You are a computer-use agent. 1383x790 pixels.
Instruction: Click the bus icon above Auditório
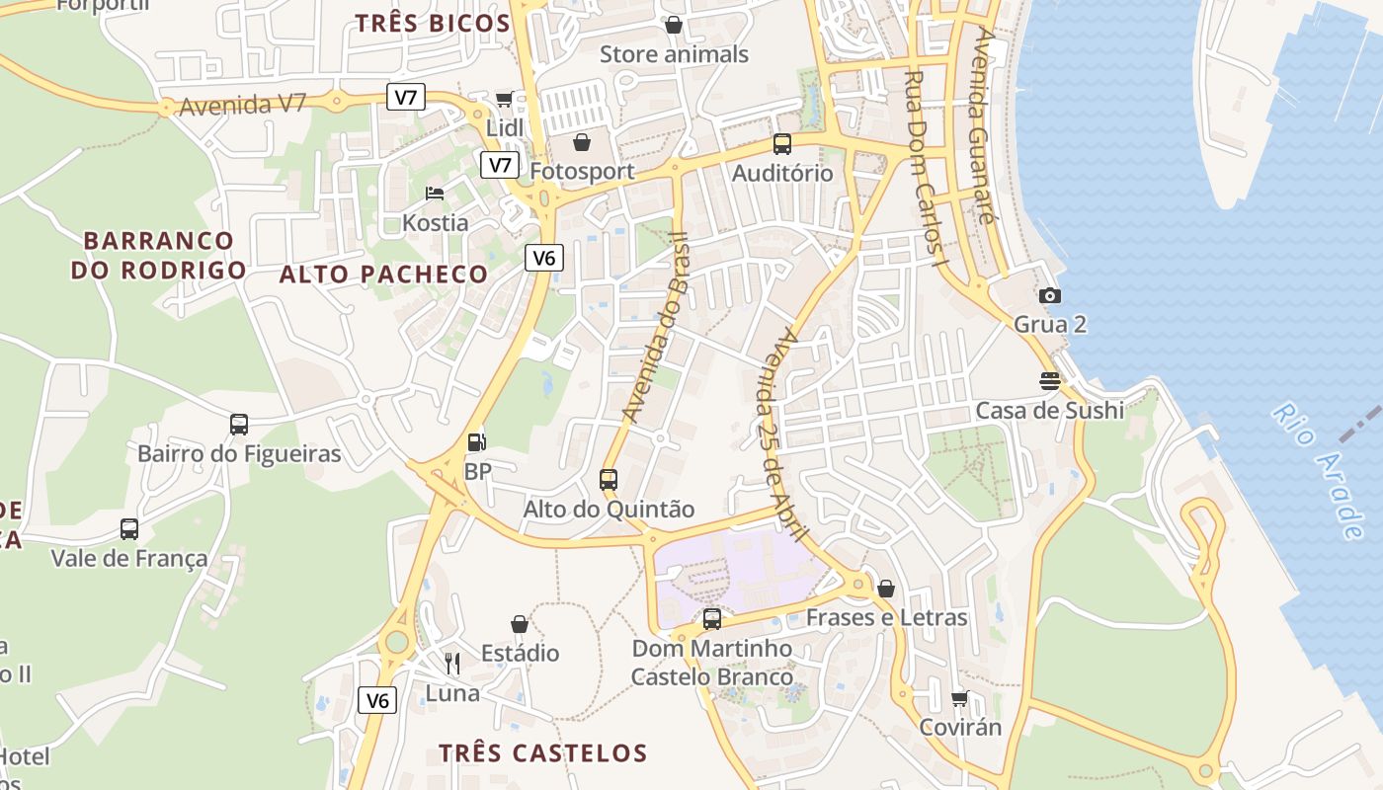point(781,144)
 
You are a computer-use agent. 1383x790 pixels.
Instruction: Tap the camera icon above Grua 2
point(1050,295)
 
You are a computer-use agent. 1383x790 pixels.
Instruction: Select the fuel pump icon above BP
point(476,442)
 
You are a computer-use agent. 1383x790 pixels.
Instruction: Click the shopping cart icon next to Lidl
point(504,99)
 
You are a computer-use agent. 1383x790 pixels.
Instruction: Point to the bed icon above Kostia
point(435,193)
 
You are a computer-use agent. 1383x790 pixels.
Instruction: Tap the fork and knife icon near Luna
point(452,663)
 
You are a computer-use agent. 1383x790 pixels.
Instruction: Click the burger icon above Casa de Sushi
point(1049,381)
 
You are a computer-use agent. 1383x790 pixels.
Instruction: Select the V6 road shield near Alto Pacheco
point(544,259)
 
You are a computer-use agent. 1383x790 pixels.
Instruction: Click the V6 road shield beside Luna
point(377,700)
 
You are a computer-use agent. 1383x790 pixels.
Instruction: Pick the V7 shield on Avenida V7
point(406,97)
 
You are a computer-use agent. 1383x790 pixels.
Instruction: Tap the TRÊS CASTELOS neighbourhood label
point(542,752)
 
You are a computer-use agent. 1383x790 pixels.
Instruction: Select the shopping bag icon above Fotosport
point(582,142)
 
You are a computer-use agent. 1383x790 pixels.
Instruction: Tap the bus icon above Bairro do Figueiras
point(238,425)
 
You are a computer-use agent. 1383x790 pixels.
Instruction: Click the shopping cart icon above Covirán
point(959,698)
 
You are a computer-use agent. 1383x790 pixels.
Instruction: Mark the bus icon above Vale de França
point(129,528)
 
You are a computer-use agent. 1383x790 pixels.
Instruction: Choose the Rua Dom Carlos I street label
point(925,169)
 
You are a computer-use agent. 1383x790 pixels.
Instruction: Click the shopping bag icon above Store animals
point(674,24)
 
